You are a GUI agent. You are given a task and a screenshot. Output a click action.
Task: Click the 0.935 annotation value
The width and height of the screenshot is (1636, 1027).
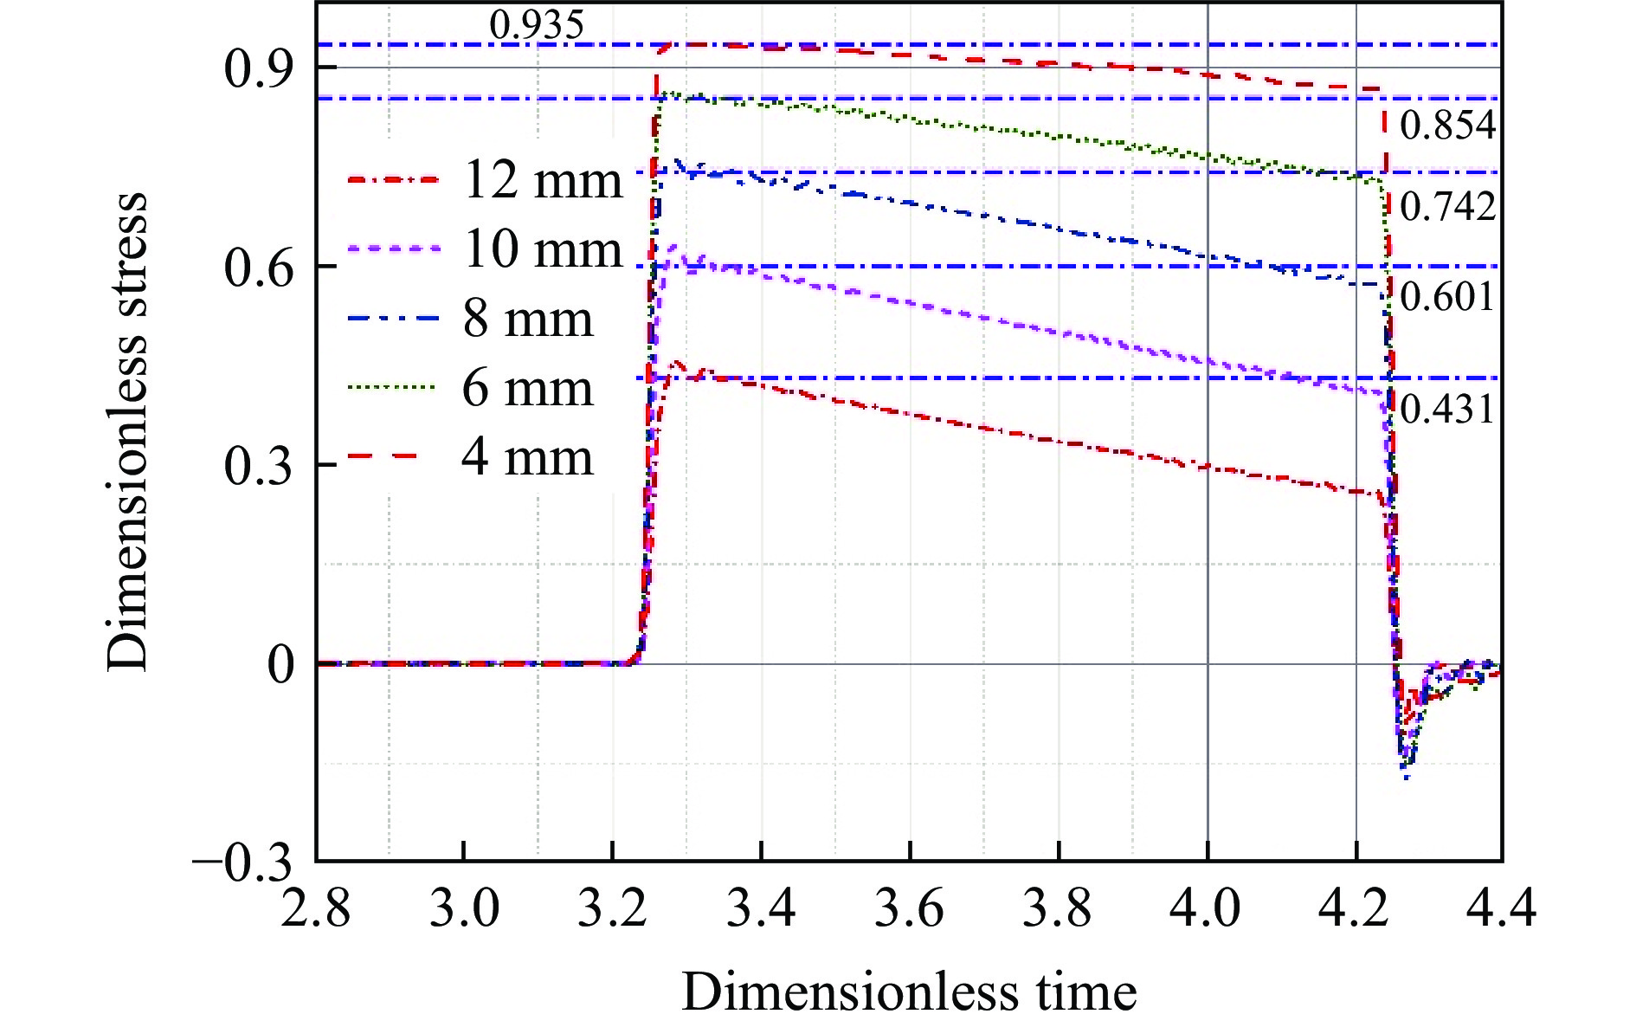tap(537, 25)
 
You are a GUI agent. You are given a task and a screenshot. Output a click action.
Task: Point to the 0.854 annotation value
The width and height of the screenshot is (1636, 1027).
tap(1447, 126)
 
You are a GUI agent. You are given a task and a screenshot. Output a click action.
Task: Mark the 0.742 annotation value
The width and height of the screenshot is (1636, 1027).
tap(1447, 207)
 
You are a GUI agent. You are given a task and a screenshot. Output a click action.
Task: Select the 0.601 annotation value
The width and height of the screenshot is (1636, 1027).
tap(1447, 297)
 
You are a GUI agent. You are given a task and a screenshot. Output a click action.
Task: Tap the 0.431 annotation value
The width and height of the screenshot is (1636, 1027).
tap(1447, 409)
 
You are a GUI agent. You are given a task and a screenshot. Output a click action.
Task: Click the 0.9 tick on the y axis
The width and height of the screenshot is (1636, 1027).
tap(258, 68)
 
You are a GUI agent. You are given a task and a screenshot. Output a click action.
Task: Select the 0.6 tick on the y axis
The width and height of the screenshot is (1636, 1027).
tap(258, 268)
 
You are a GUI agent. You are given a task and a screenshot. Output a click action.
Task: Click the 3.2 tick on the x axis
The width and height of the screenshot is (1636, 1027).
tap(613, 910)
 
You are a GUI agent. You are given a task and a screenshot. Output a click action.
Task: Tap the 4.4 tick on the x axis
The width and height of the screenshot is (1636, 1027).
tap(1502, 910)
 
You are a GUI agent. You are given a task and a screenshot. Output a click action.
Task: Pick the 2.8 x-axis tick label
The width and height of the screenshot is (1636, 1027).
tap(316, 910)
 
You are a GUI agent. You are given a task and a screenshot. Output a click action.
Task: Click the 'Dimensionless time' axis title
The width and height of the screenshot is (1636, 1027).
tap(909, 991)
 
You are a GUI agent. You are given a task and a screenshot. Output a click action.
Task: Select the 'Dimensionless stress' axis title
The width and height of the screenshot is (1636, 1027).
tap(128, 431)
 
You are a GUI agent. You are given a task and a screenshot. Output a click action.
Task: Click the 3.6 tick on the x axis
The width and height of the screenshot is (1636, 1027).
tap(910, 910)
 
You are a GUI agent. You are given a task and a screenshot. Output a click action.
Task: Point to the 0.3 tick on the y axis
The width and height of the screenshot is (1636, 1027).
tap(258, 466)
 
